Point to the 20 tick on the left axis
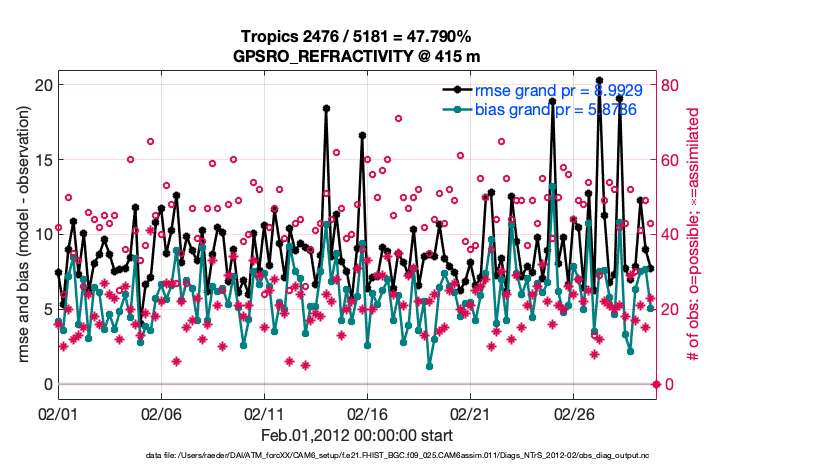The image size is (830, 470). (x=41, y=84)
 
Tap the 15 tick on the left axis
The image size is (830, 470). (x=41, y=159)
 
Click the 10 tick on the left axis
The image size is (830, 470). (x=41, y=234)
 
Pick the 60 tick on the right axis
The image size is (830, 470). (x=672, y=159)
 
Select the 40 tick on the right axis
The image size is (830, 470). (x=672, y=234)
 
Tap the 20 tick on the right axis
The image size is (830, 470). (x=672, y=309)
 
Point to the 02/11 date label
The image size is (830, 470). (x=264, y=412)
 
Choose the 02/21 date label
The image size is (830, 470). (x=470, y=412)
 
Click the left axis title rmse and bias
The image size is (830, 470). (x=21, y=234)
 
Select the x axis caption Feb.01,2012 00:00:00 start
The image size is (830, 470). (x=356, y=435)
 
